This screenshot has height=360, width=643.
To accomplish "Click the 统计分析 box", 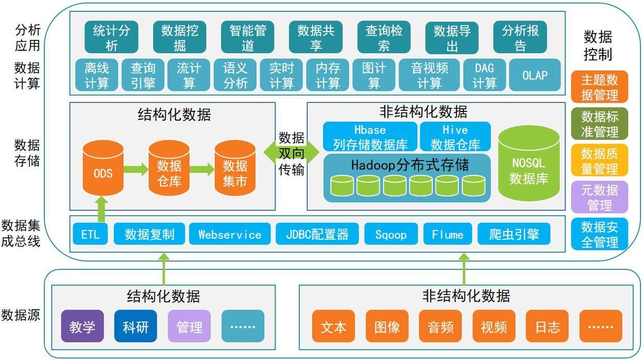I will tap(111, 38).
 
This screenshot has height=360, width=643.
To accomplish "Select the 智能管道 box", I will tap(247, 38).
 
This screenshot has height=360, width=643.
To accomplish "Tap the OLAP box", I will tap(535, 76).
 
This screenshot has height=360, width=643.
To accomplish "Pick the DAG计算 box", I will tap(484, 76).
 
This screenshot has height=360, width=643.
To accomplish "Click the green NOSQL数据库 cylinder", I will tap(529, 165).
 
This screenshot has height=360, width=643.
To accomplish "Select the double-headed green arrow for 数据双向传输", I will tap(291, 153).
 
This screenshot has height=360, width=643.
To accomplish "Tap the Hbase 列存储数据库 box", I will tap(370, 137).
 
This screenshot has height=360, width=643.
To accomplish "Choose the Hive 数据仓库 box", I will tap(455, 137).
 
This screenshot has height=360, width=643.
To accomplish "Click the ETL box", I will tap(90, 235).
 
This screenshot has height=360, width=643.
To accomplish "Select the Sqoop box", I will tap(391, 235).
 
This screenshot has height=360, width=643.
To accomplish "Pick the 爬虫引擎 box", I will tap(514, 235).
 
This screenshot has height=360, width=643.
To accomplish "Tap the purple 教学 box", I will tap(82, 327).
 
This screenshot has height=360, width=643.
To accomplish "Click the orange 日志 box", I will tap(547, 327).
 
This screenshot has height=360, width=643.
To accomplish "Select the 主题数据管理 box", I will tap(600, 87).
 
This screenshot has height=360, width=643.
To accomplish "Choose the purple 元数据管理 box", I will tap(600, 197).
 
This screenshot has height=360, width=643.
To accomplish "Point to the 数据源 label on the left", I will tap(21, 315).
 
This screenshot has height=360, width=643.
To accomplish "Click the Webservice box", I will tap(229, 235).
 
